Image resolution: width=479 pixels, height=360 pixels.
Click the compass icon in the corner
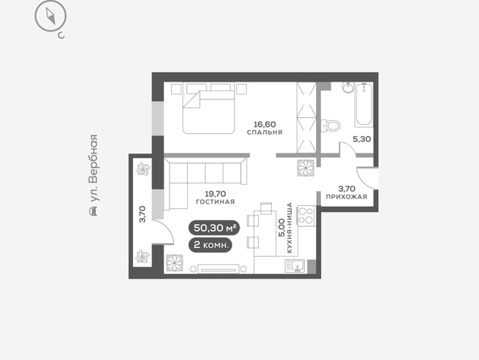[x=51, y=16]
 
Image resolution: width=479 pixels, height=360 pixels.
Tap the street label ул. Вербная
[x=94, y=168]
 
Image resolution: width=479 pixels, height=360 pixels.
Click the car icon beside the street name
[x=94, y=211]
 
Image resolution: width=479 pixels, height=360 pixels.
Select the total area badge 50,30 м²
[x=215, y=228]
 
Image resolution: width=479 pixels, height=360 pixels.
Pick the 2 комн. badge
[x=210, y=245]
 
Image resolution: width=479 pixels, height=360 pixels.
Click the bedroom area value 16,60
[x=264, y=124]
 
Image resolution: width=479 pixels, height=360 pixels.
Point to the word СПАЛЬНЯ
[x=264, y=132]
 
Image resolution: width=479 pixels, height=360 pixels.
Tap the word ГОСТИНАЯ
[x=215, y=202]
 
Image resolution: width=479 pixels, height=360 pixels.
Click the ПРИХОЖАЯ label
[x=347, y=197]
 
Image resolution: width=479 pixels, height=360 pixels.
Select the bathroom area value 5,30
[x=362, y=139]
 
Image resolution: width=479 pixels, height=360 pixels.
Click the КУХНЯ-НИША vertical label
[x=289, y=228]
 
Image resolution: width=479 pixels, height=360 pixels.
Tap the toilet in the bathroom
[x=331, y=125]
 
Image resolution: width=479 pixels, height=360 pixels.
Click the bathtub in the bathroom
[x=364, y=105]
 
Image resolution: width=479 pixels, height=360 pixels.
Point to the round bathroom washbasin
[x=348, y=87]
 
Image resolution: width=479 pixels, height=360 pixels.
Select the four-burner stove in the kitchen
[x=306, y=216]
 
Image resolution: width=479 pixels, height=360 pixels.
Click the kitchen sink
[x=295, y=266]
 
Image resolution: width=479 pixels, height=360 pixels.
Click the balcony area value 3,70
[x=143, y=215]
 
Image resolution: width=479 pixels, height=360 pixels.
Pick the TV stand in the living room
[x=218, y=269]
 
